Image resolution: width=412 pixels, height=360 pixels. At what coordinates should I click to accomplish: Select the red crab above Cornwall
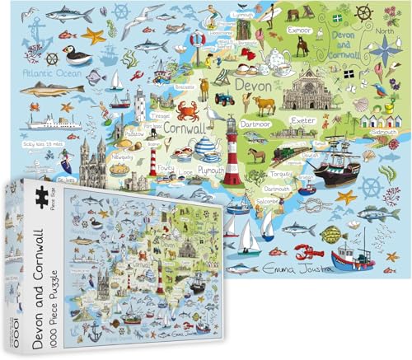coord(187,111)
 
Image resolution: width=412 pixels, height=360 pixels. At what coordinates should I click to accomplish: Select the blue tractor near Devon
coord(222,99)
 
